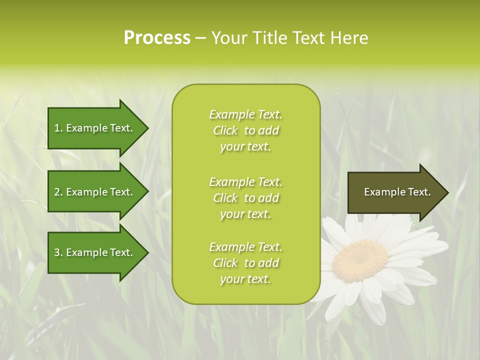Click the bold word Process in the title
coord(157,38)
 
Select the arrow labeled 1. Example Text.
coord(95,128)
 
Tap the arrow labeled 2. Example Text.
coord(95,192)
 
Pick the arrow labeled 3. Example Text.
coord(95,252)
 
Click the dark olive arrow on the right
coord(395,192)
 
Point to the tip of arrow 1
coord(147,128)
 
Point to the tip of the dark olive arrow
coord(447,192)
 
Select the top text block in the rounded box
coord(245,130)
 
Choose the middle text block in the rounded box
coord(245,198)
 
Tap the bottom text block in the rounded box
coord(245,263)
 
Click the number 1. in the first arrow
coord(58,128)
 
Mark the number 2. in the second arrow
coord(58,192)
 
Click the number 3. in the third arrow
coord(58,252)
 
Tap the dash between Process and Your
coord(200,38)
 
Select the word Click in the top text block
coord(225,130)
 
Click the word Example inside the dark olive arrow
coord(381,192)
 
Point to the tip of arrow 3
coord(147,252)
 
